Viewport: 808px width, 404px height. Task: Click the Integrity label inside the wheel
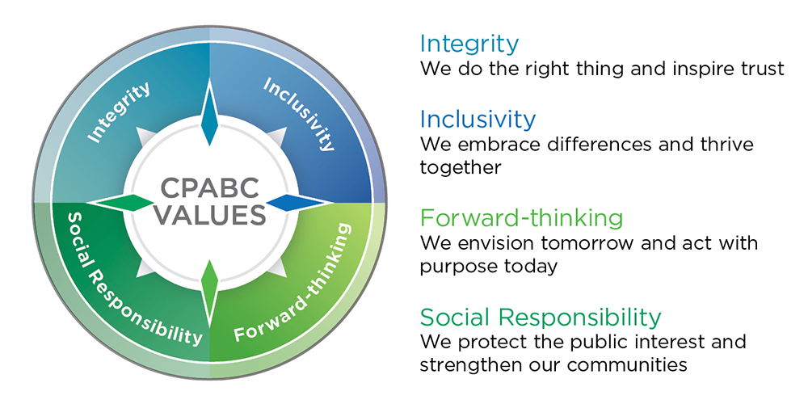pyautogui.click(x=119, y=112)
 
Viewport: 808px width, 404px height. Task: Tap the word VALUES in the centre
pyautogui.click(x=210, y=214)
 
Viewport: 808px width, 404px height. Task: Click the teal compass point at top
pyautogui.click(x=209, y=112)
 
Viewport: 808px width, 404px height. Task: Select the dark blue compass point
pyautogui.click(x=297, y=203)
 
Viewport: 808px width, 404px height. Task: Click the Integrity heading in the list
pyautogui.click(x=469, y=44)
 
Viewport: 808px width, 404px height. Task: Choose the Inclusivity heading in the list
pyautogui.click(x=478, y=119)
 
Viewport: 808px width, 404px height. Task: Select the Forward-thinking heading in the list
pyautogui.click(x=521, y=218)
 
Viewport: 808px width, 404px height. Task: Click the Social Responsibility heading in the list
pyautogui.click(x=541, y=318)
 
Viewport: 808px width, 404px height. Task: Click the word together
pyautogui.click(x=461, y=168)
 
